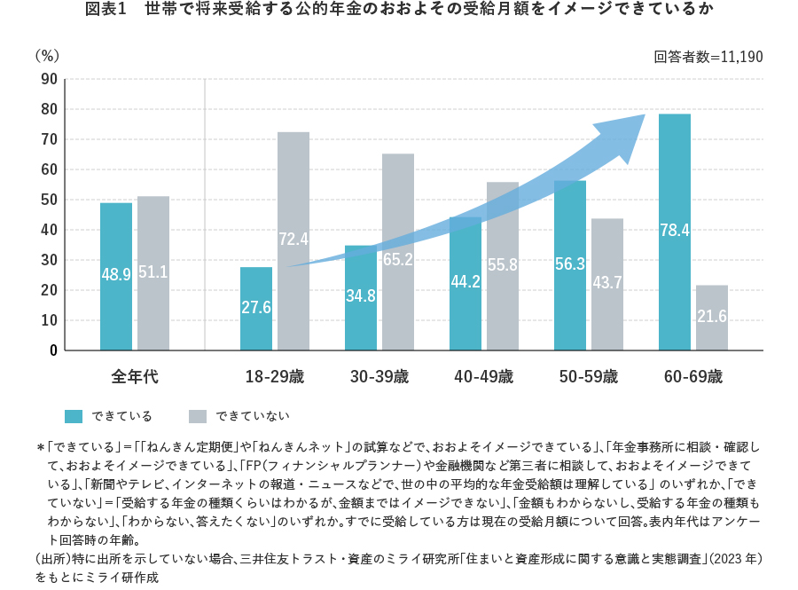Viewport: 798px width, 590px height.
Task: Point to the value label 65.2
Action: click(x=398, y=260)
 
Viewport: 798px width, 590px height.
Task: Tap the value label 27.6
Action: click(x=256, y=307)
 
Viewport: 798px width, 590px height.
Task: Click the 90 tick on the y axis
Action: click(x=49, y=80)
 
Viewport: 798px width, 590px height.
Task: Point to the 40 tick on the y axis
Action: click(x=49, y=230)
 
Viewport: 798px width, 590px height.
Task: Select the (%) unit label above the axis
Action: click(x=47, y=55)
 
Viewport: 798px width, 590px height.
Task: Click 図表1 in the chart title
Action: click(x=106, y=10)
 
